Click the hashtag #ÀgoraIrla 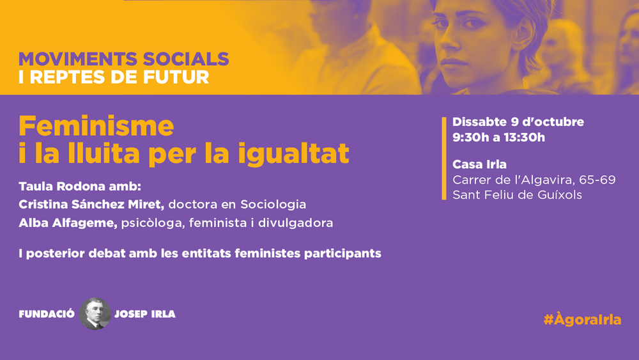coord(582,319)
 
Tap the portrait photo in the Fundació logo coord(95,313)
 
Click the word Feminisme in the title coord(96,126)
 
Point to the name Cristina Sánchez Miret coord(91,204)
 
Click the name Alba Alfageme coord(68,223)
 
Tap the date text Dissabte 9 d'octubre coord(518,122)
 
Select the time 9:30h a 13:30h coord(498,137)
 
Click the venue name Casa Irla coord(479,164)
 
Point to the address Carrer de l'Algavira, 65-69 coord(534,180)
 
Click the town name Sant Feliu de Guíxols coord(517,195)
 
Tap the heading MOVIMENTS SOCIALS coord(124,59)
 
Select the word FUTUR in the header coord(177,77)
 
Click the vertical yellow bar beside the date coord(444,158)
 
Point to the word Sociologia coord(273,205)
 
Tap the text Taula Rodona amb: coord(80,186)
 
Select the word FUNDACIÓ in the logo coord(47,314)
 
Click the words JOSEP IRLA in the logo coord(144,314)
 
